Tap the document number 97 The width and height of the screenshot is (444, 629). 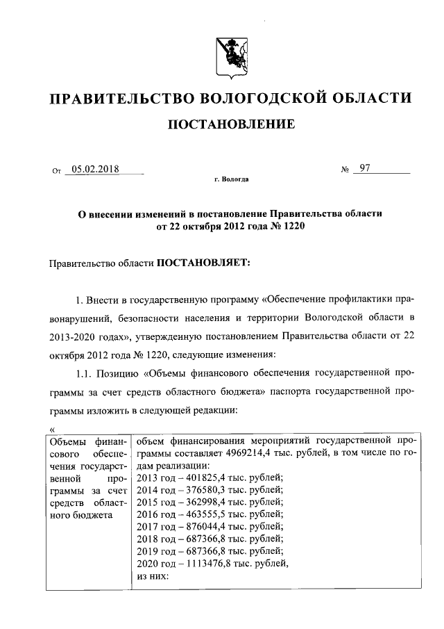(x=365, y=168)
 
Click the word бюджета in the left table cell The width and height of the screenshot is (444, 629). (x=85, y=515)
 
